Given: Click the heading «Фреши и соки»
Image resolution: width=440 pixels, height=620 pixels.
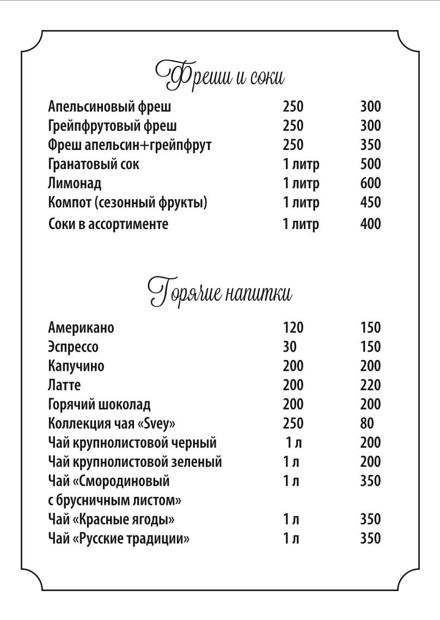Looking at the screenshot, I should point(220,75).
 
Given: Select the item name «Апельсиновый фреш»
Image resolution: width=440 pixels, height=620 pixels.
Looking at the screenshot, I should point(109,106).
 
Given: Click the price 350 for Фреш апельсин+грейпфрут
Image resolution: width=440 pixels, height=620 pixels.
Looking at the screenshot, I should point(370,145).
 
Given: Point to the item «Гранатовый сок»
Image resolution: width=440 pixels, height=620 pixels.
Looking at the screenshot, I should point(94,164).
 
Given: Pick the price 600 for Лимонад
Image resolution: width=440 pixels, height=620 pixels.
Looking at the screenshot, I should point(370,183).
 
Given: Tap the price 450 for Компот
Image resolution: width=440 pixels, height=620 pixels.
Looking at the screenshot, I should point(370,202).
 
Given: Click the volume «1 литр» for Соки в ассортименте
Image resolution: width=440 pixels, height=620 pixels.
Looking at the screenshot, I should point(301,224).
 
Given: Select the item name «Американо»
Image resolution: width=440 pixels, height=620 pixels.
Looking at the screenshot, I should point(81,328).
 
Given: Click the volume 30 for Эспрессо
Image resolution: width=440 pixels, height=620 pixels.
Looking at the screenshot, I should point(290,347).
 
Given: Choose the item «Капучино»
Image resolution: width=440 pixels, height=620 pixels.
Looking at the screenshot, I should point(76,366).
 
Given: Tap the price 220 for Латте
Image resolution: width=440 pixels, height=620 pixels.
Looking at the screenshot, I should point(370,386).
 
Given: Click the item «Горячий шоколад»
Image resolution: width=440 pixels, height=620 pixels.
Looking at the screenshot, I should point(99,405).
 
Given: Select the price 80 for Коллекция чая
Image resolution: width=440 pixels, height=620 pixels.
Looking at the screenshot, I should point(367,424).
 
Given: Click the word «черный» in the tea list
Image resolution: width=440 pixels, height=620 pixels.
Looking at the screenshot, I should point(193,443).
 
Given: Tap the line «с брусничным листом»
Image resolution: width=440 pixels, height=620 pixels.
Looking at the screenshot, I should point(115,500).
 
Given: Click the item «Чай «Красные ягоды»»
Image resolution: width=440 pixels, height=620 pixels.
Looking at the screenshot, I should point(111,519).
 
